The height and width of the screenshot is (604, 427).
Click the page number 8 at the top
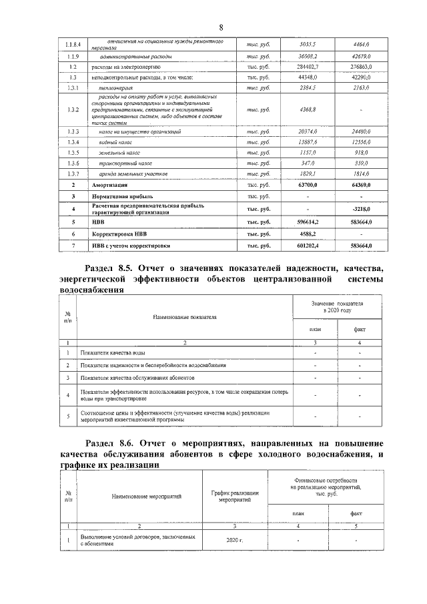[x=221, y=27]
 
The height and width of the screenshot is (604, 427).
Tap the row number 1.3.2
[x=73, y=110]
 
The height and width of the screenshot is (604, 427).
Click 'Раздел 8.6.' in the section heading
[x=115, y=443]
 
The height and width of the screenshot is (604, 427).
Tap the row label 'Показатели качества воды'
[x=112, y=352]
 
